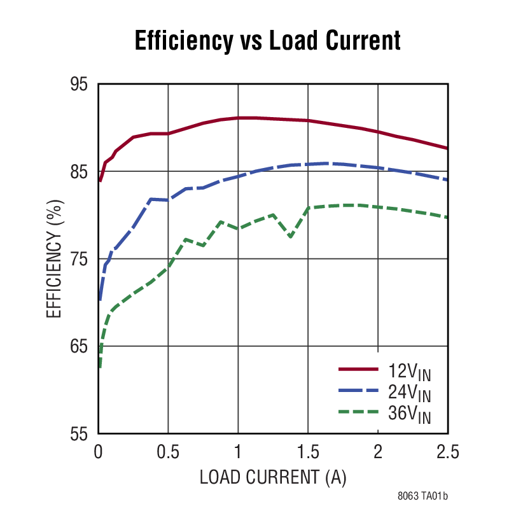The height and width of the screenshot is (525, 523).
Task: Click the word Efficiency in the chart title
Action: (183, 40)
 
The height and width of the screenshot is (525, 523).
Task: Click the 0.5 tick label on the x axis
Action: (168, 452)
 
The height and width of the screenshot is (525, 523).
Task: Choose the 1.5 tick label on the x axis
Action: (308, 452)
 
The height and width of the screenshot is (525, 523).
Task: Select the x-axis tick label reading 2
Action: (378, 452)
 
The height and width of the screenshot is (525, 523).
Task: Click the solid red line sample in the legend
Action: (359, 369)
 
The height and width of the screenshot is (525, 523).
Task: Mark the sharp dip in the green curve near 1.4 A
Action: (290, 236)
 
